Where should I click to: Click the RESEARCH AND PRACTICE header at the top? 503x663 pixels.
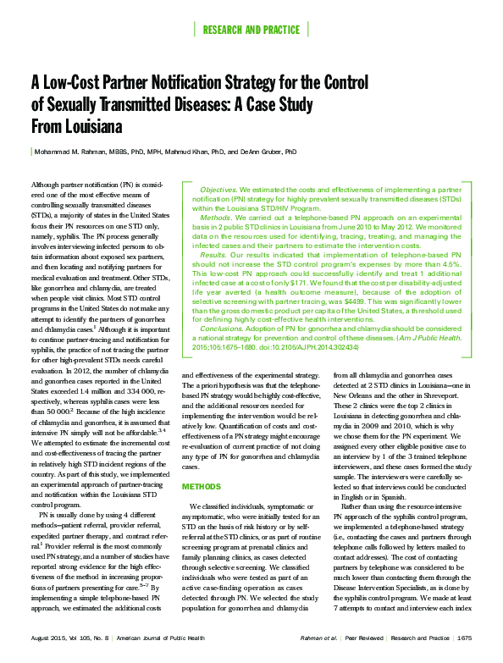click(x=251, y=30)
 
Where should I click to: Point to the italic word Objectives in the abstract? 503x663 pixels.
click(x=218, y=191)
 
